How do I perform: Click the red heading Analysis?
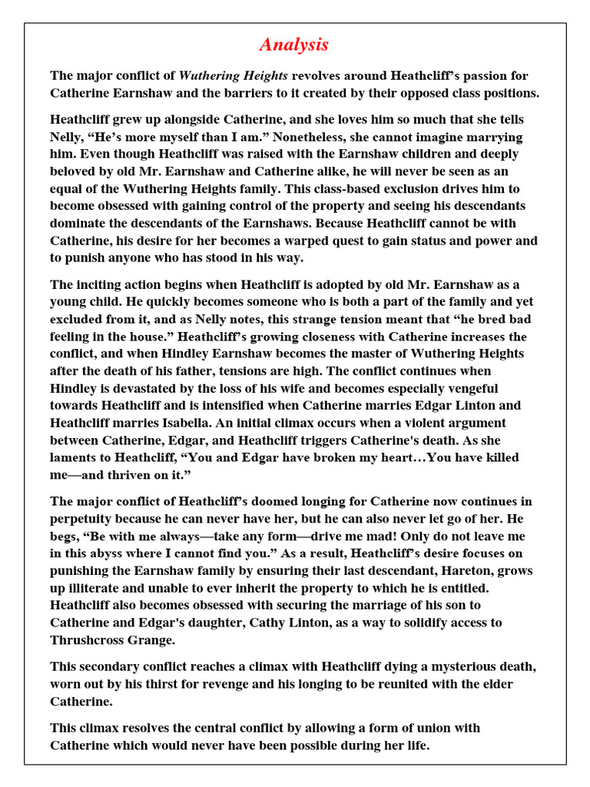pyautogui.click(x=294, y=45)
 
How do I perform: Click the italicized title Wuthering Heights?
pyautogui.click(x=234, y=76)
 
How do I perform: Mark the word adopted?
pyautogui.click(x=324, y=284)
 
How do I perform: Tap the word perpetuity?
pyautogui.click(x=88, y=519)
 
